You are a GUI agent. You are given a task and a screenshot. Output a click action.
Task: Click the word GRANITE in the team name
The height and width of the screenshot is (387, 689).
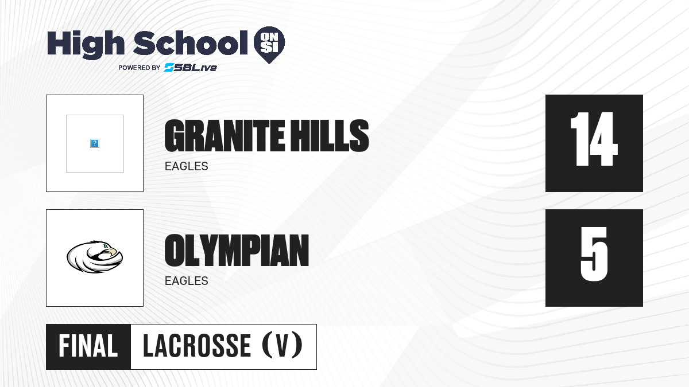pyautogui.click(x=224, y=136)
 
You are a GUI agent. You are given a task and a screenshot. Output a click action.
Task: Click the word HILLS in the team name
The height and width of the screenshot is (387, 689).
pyautogui.click(x=330, y=136)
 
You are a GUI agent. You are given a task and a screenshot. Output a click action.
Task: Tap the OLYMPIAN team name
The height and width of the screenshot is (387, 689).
pyautogui.click(x=237, y=251)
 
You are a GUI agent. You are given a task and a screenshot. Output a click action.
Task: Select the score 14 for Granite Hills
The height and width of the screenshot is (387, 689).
pyautogui.click(x=594, y=139)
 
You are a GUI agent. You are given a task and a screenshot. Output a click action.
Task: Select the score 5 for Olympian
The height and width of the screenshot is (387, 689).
pyautogui.click(x=594, y=254)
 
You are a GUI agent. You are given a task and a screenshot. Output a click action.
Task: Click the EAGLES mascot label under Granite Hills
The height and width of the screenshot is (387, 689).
pyautogui.click(x=187, y=166)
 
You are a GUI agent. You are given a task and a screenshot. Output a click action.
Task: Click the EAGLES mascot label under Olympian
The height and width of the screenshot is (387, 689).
pyautogui.click(x=187, y=281)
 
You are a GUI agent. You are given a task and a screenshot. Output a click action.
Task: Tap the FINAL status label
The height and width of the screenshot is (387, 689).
pyautogui.click(x=88, y=346)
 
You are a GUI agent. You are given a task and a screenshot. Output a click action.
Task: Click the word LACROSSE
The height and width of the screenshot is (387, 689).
pyautogui.click(x=197, y=346)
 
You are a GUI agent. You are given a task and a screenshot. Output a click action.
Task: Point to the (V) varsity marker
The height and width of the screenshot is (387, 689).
pyautogui.click(x=282, y=345)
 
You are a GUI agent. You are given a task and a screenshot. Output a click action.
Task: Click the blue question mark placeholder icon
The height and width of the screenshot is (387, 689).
pyautogui.click(x=95, y=143)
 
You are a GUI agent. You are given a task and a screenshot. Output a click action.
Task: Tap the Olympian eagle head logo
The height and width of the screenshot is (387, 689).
pyautogui.click(x=95, y=257)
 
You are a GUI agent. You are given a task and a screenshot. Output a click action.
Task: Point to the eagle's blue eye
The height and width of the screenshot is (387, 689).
pyautogui.click(x=106, y=246)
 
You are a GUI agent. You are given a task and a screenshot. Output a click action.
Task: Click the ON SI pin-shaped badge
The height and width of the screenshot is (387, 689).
pyautogui.click(x=269, y=45)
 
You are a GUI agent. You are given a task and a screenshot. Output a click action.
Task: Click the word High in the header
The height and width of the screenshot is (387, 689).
pyautogui.click(x=86, y=44)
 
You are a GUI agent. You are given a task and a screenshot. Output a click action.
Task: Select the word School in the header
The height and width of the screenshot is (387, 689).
pyautogui.click(x=191, y=43)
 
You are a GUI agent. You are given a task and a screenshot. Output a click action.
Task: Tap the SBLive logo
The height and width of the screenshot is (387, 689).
pyautogui.click(x=191, y=67)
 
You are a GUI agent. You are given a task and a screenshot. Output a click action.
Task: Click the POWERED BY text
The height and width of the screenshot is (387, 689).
pyautogui.click(x=140, y=68)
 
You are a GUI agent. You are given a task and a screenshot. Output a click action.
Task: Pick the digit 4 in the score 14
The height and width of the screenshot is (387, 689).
pyautogui.click(x=602, y=139)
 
